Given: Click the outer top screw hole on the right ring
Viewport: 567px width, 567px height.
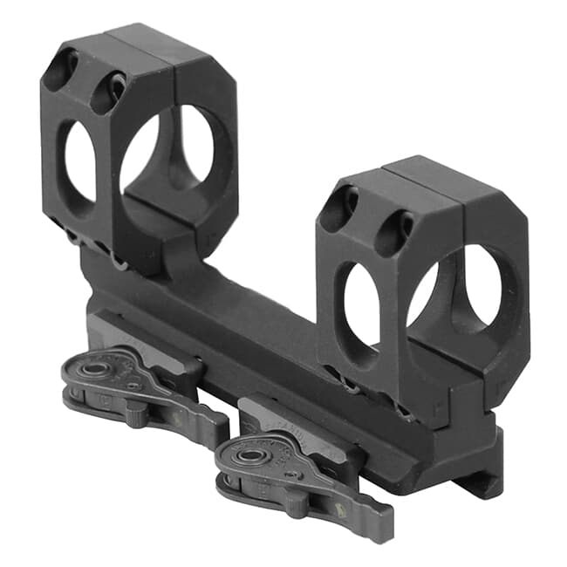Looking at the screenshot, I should [x=338, y=207].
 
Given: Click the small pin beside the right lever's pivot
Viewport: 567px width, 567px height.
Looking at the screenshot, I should [x=291, y=472].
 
